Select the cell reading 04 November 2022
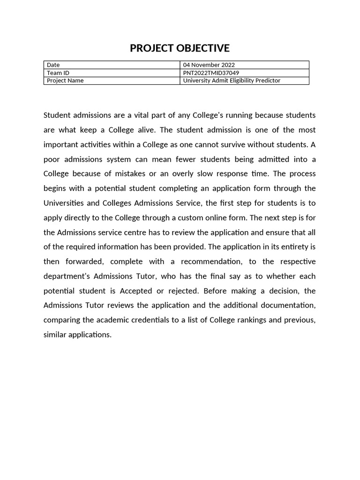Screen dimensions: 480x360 [209, 65]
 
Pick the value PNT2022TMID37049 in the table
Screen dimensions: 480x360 [211, 73]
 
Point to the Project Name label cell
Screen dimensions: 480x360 [65, 81]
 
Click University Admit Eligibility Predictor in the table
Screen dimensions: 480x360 [232, 81]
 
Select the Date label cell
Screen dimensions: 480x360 [53, 65]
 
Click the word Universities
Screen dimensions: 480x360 [63, 203]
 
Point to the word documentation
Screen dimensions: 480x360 [288, 305]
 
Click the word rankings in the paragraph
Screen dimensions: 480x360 [255, 320]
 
